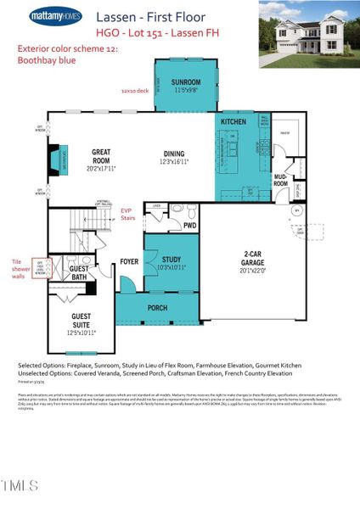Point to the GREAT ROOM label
(101, 156)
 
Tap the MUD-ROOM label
(280, 181)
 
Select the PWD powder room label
(190, 226)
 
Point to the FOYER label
(129, 262)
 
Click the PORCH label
(158, 308)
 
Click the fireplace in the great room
(55, 159)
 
